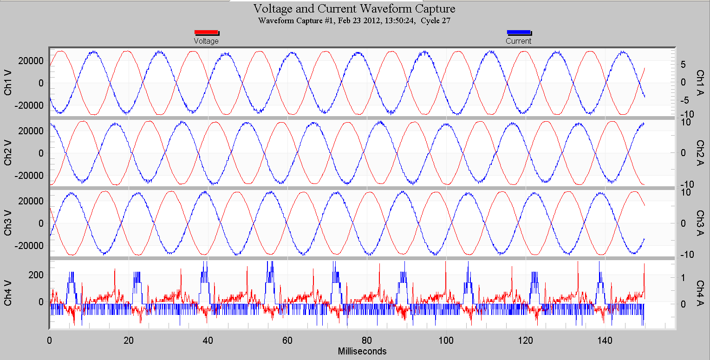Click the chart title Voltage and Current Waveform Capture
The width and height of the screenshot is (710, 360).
coord(354,9)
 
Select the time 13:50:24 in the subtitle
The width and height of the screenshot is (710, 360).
coord(400,20)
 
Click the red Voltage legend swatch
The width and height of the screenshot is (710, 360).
coord(206,32)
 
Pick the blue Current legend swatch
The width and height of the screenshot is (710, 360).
coord(518,32)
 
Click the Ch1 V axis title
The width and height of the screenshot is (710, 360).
coord(8,83)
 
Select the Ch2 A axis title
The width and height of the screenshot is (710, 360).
coord(700,153)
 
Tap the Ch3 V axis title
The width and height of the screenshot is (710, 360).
coord(8,223)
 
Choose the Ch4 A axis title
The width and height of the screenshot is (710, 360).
coord(700,293)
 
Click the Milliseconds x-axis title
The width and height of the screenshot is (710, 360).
coord(362,351)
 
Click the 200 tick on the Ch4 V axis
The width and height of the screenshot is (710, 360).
coord(37,275)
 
